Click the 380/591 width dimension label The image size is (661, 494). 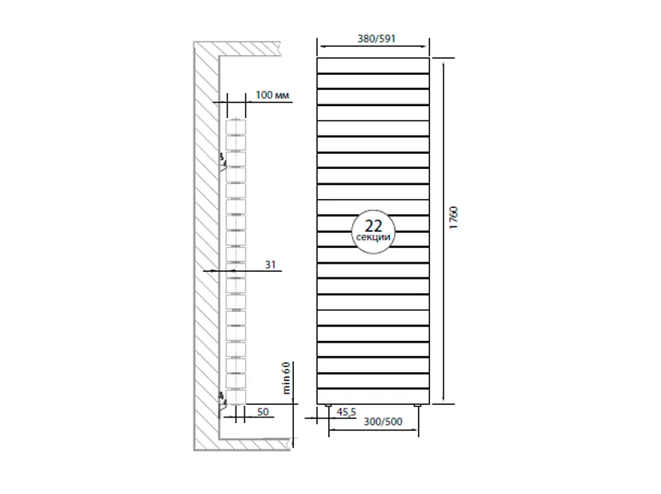(374, 38)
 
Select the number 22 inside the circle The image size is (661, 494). (373, 225)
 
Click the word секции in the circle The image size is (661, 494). (373, 237)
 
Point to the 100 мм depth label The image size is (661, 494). (272, 96)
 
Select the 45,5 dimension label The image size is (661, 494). (347, 412)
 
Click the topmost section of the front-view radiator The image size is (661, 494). (374, 65)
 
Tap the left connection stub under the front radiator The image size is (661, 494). (328, 407)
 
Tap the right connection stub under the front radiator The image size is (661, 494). (419, 407)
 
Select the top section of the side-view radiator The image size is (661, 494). (237, 126)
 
